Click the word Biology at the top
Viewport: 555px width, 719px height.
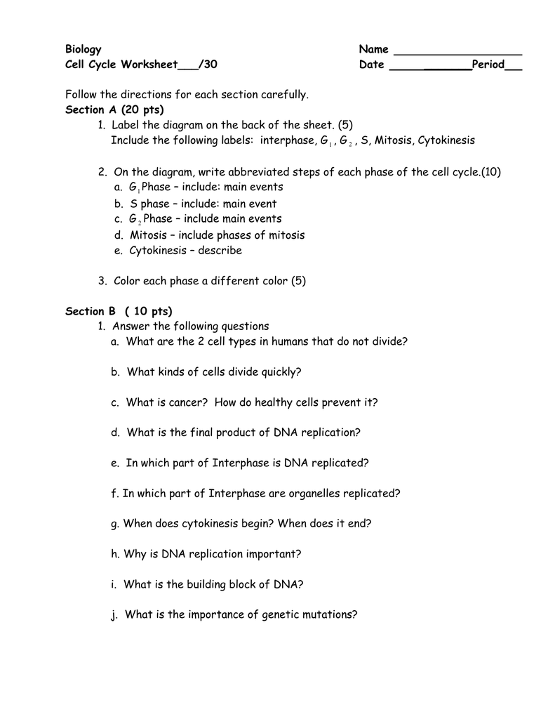coord(83,49)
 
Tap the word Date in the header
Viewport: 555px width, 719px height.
coord(372,65)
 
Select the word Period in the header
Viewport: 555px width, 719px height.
coord(488,65)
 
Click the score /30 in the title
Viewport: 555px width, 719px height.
coord(208,65)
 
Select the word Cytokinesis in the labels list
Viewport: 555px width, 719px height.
coord(446,140)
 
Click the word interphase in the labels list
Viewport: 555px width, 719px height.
coord(288,140)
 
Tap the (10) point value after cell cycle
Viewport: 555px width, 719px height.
coord(492,171)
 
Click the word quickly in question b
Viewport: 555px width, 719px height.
coord(281,372)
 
